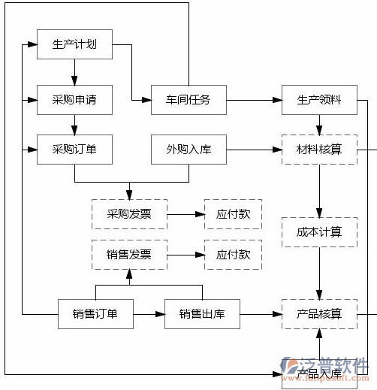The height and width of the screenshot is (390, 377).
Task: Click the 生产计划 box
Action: click(74, 44)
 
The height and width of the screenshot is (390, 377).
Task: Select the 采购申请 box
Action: click(74, 99)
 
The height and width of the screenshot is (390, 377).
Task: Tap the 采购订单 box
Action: click(74, 150)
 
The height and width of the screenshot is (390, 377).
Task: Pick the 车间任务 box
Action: click(188, 99)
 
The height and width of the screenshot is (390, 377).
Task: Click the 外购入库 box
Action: click(188, 150)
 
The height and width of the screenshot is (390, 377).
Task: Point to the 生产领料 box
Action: click(319, 99)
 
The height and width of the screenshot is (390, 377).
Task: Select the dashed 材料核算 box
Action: click(319, 150)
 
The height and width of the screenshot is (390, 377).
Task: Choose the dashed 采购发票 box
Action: click(129, 214)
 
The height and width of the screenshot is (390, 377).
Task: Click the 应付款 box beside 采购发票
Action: click(234, 214)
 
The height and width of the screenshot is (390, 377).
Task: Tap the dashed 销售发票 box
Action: click(129, 255)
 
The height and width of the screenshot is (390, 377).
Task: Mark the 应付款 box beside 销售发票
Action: click(234, 255)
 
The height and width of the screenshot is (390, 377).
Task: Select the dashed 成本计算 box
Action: click(319, 232)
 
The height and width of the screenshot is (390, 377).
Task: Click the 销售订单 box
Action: click(95, 313)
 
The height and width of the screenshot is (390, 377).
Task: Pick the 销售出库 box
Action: click(202, 313)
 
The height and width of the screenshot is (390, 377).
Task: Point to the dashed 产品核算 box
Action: click(319, 313)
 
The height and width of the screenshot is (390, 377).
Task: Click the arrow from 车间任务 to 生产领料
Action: click(254, 99)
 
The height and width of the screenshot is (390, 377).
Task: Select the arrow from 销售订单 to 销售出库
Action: click(149, 313)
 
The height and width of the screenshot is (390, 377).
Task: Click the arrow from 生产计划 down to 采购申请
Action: click(74, 72)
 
